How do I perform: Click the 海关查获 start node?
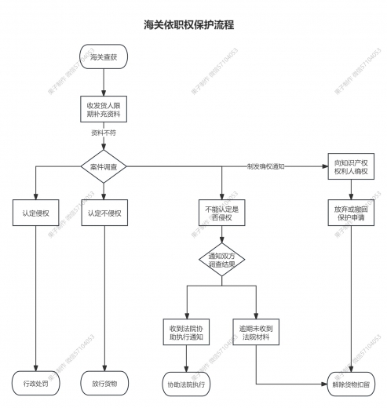(x=104, y=57)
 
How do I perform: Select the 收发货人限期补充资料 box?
(x=104, y=109)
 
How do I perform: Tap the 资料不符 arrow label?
(x=104, y=134)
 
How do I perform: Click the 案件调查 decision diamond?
(x=104, y=167)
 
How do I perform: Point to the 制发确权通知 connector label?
(x=265, y=167)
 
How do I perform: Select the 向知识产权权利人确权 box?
(x=351, y=167)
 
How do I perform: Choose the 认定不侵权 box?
(x=104, y=213)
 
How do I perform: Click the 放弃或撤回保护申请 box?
(x=351, y=213)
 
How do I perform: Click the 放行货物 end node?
(x=104, y=384)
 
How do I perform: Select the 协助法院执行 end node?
(x=187, y=384)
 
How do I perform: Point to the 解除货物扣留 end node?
(x=351, y=384)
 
